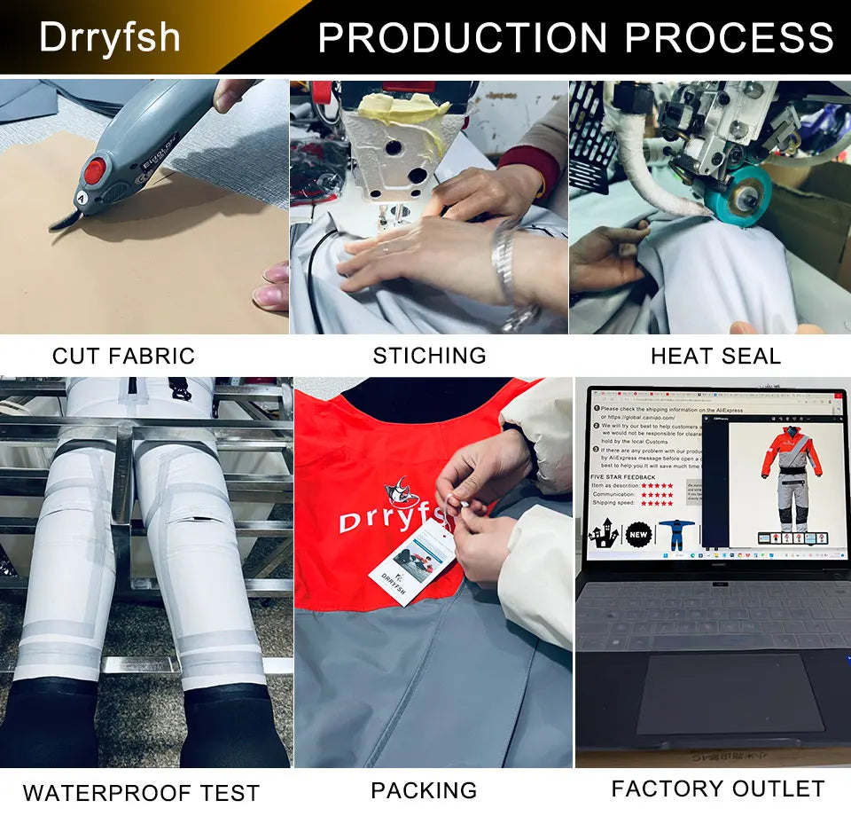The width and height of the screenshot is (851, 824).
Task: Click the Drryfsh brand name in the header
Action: click(x=110, y=37)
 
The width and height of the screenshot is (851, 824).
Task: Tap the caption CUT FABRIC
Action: click(x=123, y=357)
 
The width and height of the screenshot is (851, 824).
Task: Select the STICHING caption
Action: click(x=429, y=356)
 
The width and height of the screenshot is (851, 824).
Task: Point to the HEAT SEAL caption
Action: click(x=715, y=357)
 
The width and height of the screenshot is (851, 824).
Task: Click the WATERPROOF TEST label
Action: click(x=141, y=792)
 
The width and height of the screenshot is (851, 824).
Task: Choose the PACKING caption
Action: click(x=424, y=790)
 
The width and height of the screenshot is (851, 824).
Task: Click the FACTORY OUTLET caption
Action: click(x=718, y=789)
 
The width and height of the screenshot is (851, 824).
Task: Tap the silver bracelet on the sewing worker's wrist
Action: click(x=506, y=266)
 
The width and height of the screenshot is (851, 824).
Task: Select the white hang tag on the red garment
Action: click(x=411, y=562)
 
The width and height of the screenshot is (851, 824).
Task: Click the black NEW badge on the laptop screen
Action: click(x=639, y=535)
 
